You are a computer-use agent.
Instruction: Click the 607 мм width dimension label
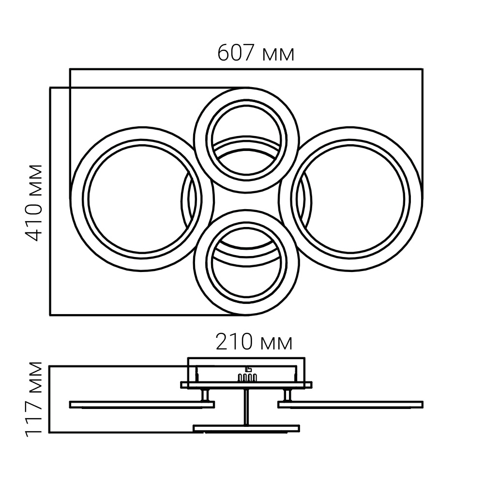[256, 53]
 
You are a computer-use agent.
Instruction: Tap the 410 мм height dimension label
[33, 203]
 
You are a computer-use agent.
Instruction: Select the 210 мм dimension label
[254, 342]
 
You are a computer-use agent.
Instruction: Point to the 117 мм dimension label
[33, 399]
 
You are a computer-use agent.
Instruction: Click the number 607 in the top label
[236, 53]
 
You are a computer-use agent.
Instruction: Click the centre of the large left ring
[142, 199]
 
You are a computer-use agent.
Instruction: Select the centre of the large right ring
[350, 199]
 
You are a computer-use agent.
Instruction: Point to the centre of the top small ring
[246, 140]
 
